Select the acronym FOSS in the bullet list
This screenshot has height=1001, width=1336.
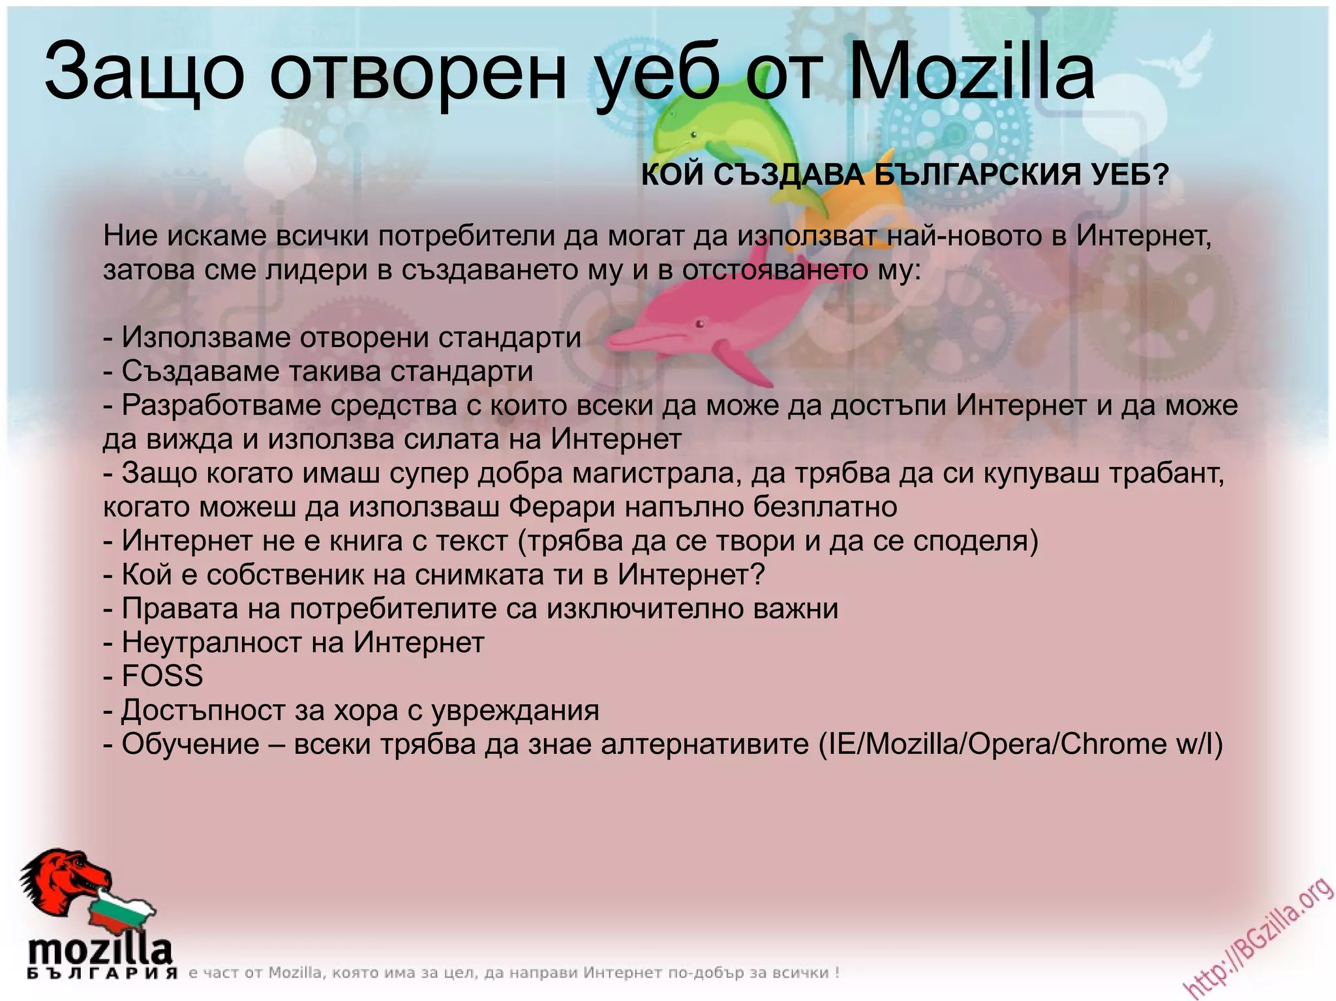pyautogui.click(x=162, y=676)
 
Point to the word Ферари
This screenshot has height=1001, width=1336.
pyautogui.click(x=562, y=507)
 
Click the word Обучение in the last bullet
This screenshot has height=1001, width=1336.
pyautogui.click(x=190, y=744)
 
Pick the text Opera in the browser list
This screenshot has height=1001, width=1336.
pyautogui.click(x=1009, y=744)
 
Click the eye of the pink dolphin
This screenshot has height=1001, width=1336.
pyautogui.click(x=700, y=323)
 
